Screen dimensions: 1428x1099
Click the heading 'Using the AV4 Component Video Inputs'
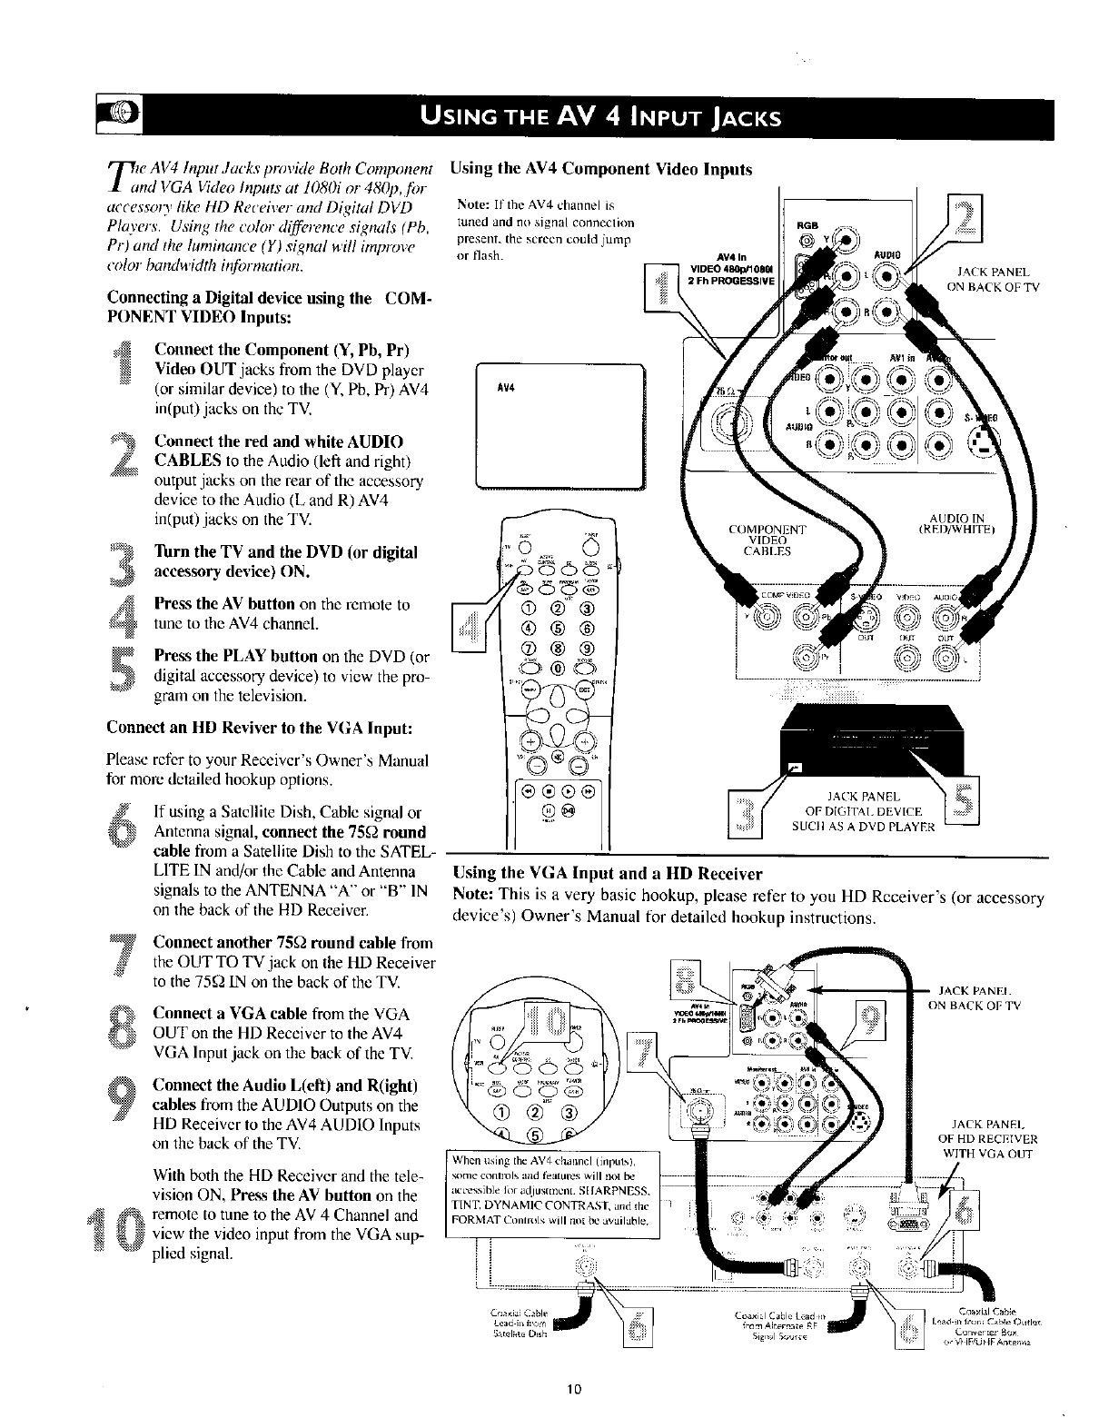click(601, 169)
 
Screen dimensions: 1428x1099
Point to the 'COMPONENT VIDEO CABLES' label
click(767, 540)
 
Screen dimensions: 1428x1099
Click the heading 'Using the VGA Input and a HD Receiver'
click(606, 874)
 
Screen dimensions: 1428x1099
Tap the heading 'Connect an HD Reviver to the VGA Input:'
click(262, 729)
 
